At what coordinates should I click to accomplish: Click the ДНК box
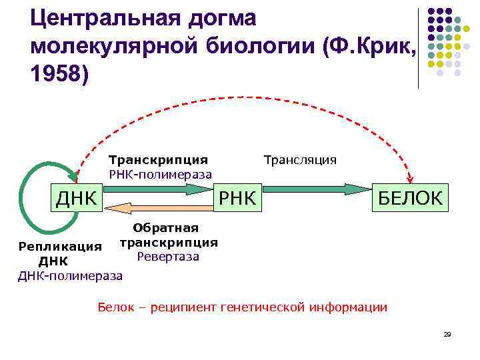[x=77, y=198]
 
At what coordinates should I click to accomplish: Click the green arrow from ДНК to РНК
[x=160, y=190]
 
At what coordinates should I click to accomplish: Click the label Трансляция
[x=300, y=160]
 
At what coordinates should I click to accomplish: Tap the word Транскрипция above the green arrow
[x=158, y=160]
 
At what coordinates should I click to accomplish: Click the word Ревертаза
[x=168, y=256]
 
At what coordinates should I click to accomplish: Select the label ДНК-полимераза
[x=70, y=275]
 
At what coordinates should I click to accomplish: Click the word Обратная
[x=166, y=229]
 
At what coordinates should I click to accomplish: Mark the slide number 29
[x=447, y=334]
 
